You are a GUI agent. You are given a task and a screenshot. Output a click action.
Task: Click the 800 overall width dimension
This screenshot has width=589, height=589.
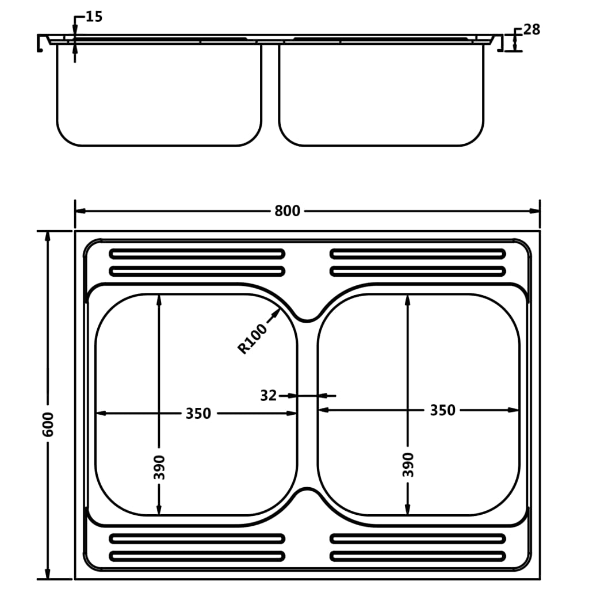(286, 211)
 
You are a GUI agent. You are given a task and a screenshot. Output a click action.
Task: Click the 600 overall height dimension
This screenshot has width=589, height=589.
(48, 424)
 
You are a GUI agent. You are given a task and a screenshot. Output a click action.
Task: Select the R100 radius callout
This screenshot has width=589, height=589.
(253, 339)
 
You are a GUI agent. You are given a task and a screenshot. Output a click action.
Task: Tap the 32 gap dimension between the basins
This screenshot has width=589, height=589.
(268, 396)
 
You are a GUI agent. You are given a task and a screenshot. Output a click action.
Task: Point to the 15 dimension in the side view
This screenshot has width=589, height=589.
(94, 17)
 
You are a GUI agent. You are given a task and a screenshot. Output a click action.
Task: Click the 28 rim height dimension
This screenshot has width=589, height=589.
(531, 30)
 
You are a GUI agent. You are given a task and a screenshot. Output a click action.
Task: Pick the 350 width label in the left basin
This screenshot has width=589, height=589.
(198, 413)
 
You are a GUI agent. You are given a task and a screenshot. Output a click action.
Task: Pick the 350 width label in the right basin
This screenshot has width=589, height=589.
(442, 410)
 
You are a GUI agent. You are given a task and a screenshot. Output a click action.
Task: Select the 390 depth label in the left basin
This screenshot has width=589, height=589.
(159, 467)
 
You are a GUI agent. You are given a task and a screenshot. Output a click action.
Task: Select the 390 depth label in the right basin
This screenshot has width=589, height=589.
(408, 464)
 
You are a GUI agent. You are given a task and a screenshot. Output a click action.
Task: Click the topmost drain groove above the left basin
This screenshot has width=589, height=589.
(197, 254)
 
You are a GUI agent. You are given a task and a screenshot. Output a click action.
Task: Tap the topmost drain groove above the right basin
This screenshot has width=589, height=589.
(418, 254)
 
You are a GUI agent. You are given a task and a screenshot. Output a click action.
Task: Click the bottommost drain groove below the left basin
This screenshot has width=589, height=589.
(197, 556)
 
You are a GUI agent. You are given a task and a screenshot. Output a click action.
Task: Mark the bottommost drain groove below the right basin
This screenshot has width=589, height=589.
(418, 556)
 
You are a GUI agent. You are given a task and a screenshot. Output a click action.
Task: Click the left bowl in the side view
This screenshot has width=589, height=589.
(159, 95)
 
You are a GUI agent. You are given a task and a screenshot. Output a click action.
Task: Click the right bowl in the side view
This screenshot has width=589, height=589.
(381, 95)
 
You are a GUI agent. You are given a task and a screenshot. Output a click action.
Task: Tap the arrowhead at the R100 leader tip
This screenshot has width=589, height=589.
(279, 311)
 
